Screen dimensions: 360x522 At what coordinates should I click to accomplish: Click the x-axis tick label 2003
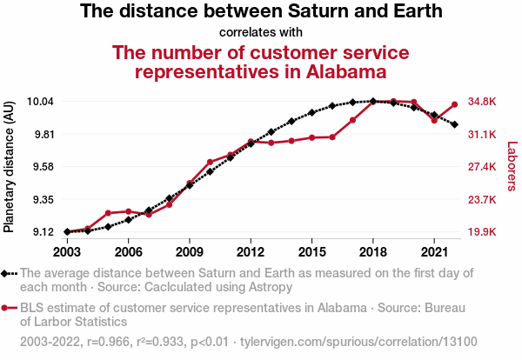pyautogui.click(x=67, y=252)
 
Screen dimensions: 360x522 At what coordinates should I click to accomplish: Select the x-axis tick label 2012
pyautogui.click(x=251, y=252)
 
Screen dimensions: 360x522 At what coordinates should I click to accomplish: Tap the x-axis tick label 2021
pyautogui.click(x=434, y=252)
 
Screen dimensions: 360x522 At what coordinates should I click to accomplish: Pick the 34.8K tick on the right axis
pyautogui.click(x=482, y=102)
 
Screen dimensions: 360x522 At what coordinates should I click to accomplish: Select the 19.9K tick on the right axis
pyautogui.click(x=482, y=232)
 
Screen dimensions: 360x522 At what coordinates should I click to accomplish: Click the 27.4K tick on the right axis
pyautogui.click(x=482, y=167)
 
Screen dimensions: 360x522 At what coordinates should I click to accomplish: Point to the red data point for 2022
pyautogui.click(x=454, y=105)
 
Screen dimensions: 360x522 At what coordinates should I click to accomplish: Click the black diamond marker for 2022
pyautogui.click(x=454, y=124)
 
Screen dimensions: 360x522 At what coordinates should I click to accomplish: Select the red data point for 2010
pyautogui.click(x=210, y=162)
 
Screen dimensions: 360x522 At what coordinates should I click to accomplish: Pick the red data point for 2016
pyautogui.click(x=332, y=137)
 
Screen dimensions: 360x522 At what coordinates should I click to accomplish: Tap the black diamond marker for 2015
pyautogui.click(x=311, y=113)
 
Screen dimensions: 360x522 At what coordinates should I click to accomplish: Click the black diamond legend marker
pyautogui.click(x=8, y=273)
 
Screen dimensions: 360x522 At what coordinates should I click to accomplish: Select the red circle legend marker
pyautogui.click(x=8, y=308)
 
